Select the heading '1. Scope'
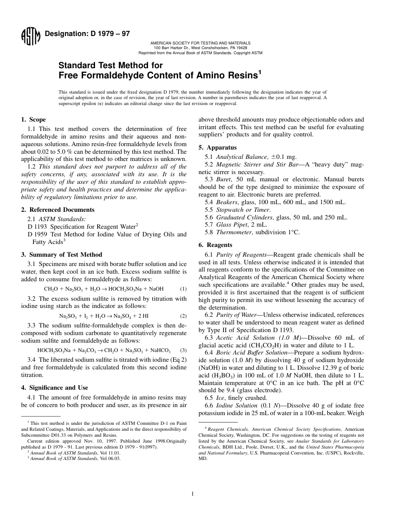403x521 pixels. tap(34, 119)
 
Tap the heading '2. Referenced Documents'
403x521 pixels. tap(58, 210)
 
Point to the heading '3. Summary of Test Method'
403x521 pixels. tap(62, 255)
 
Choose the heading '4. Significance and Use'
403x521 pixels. tap(55, 388)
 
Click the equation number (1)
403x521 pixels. tap(183, 289)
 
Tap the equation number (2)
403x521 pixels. tap(183, 316)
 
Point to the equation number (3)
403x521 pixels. tap(183, 351)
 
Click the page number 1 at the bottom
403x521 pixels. tap(192, 493)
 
